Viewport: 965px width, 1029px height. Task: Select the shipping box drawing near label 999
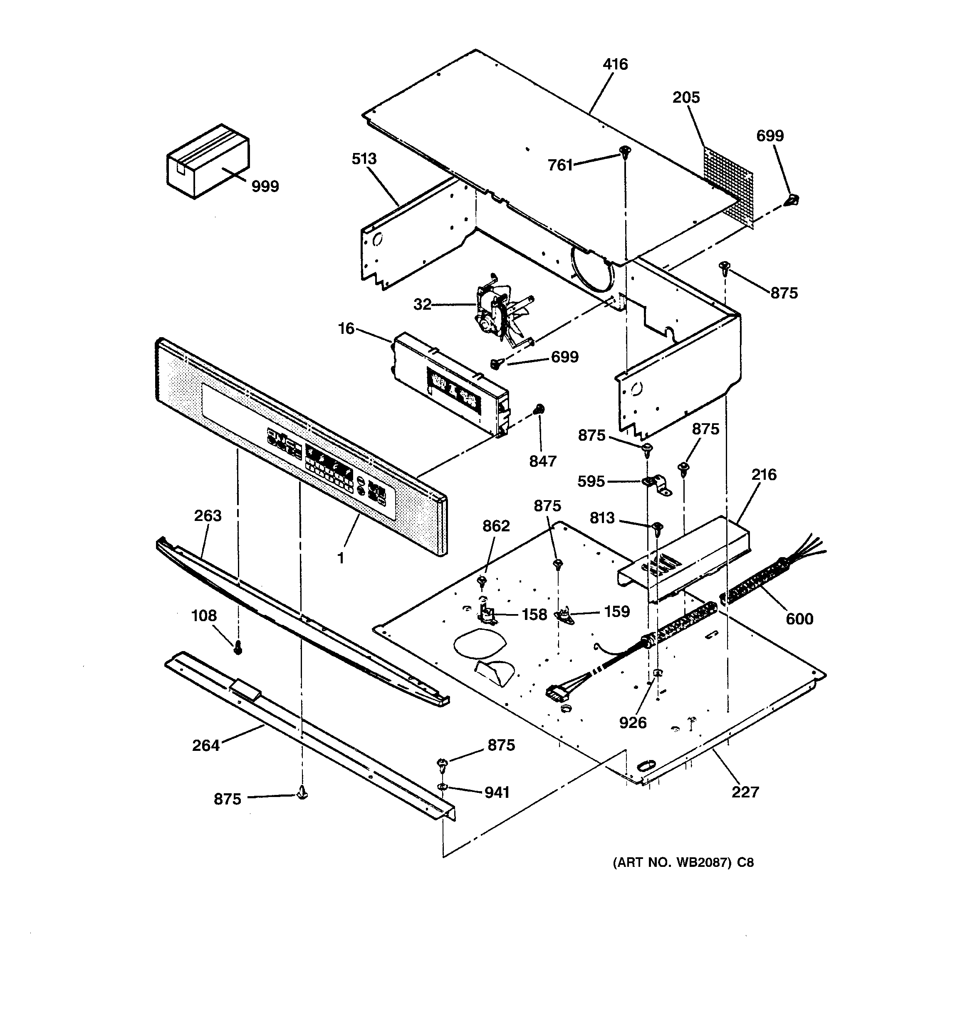coord(207,161)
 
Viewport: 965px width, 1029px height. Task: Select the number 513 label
coord(364,159)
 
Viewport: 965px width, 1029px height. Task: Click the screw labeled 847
coord(539,410)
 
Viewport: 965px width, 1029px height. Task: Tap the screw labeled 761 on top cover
coord(626,152)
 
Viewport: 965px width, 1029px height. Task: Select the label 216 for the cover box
coord(764,475)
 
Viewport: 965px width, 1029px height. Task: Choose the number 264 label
coord(205,745)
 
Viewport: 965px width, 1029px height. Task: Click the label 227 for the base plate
coord(745,792)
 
